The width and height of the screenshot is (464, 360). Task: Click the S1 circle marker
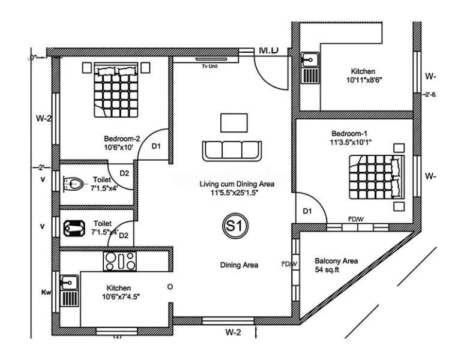click(x=231, y=226)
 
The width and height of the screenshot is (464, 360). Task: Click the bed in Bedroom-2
click(x=116, y=91)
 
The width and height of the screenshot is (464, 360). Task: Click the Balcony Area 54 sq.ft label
click(x=336, y=265)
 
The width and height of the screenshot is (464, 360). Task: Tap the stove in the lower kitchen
click(x=120, y=260)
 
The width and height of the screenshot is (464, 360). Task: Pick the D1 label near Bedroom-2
click(x=155, y=146)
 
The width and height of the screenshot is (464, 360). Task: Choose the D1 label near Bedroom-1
click(x=307, y=211)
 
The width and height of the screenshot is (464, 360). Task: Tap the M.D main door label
click(x=268, y=50)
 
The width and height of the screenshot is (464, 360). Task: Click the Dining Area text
click(x=239, y=265)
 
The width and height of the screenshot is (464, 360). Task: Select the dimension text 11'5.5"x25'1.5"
click(x=237, y=193)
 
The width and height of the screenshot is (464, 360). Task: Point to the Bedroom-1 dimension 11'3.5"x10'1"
click(x=352, y=142)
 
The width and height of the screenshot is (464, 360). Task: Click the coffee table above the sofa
click(x=234, y=122)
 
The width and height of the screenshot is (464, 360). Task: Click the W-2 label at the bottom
click(x=234, y=332)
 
